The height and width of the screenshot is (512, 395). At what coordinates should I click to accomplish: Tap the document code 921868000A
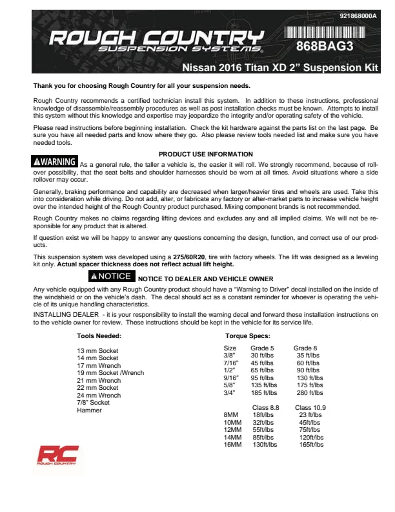358,16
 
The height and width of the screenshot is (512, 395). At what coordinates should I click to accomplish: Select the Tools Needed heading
99,336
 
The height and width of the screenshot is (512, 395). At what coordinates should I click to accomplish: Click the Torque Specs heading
247,336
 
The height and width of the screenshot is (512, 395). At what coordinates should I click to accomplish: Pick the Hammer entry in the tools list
89,411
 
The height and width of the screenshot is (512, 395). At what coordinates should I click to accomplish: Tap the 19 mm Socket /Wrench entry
110,373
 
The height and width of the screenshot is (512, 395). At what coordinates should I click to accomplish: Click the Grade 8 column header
305,348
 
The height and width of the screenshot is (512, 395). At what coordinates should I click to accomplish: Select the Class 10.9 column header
310,407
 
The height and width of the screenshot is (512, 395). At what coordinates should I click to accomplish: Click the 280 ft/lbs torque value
310,392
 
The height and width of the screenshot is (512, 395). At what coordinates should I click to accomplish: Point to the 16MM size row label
232,445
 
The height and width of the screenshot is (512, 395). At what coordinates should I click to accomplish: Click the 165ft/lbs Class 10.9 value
311,445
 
